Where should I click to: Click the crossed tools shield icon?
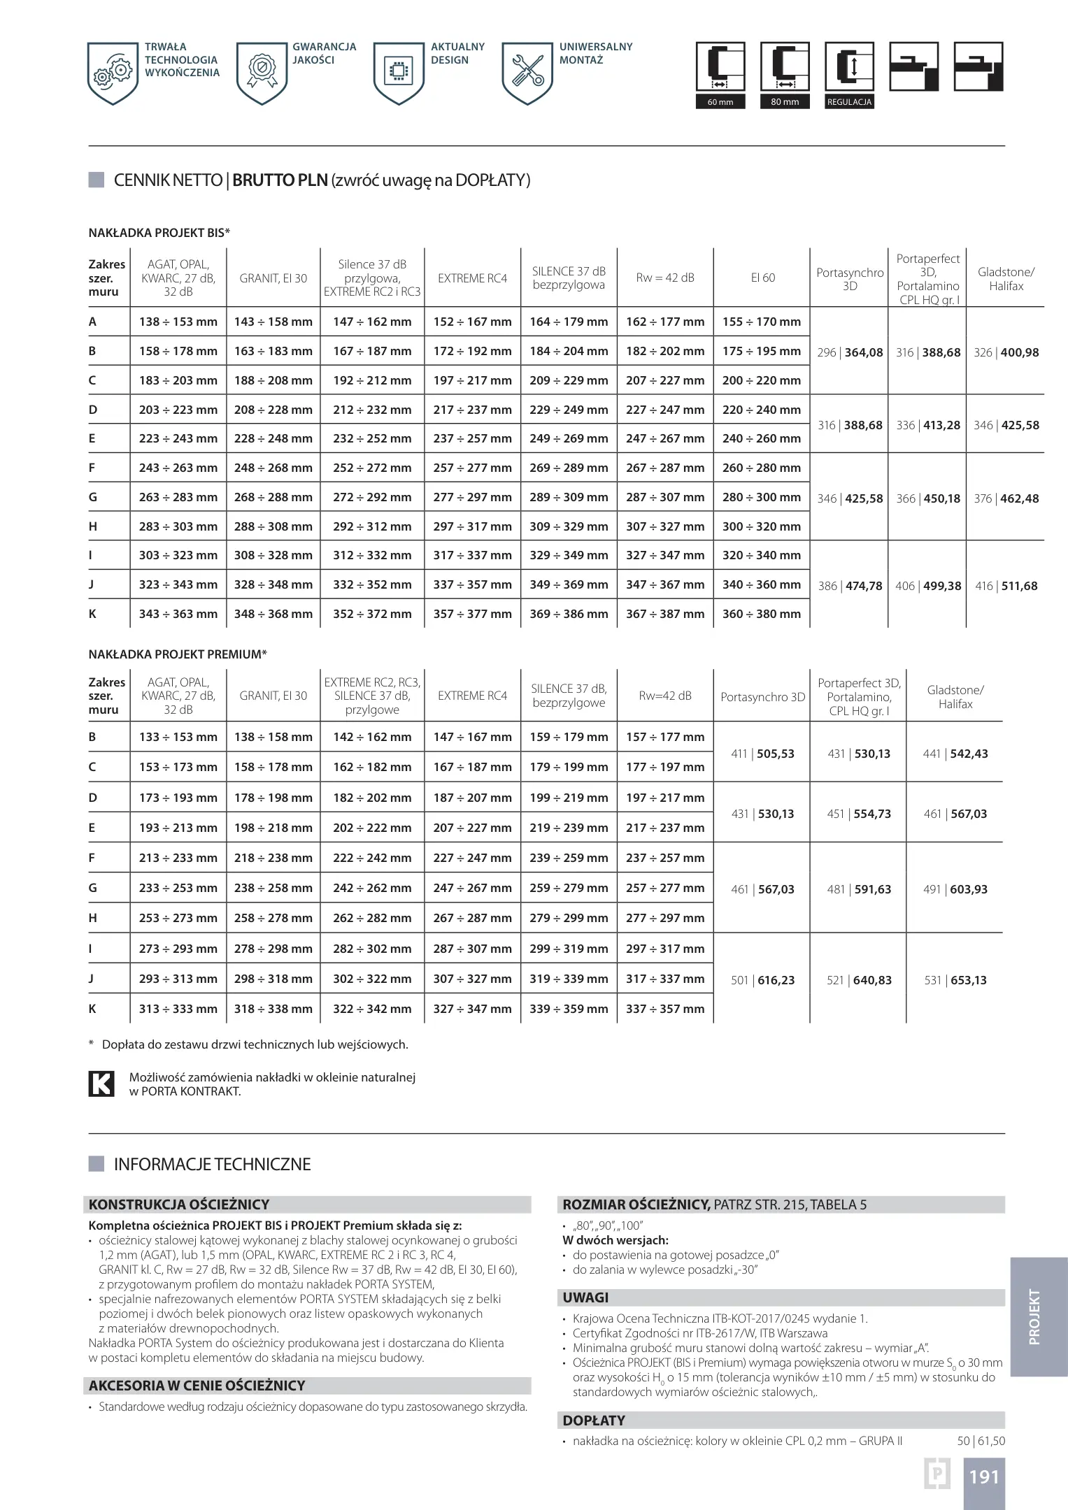[527, 73]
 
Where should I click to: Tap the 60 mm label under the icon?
[720, 102]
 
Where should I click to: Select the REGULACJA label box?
[849, 102]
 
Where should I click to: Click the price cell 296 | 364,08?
[850, 352]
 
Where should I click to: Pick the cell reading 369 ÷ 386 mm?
[569, 614]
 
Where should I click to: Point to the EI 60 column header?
[762, 278]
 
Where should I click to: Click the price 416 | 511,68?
[1006, 586]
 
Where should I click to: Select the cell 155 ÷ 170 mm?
[762, 322]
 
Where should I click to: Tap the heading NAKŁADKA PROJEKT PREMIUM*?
[178, 654]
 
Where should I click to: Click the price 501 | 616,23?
[762, 980]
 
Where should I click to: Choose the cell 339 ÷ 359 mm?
[569, 1009]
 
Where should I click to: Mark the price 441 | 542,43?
[955, 754]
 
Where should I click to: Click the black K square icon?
[101, 1084]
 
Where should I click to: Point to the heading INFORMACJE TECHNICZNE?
[212, 1165]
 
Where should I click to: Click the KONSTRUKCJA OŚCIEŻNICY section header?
[179, 1205]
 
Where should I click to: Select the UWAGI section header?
[585, 1297]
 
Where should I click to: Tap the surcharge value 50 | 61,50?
[981, 1441]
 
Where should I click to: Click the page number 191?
[983, 1476]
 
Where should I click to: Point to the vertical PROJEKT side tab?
[1034, 1317]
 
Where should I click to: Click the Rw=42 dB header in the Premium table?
[665, 696]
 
